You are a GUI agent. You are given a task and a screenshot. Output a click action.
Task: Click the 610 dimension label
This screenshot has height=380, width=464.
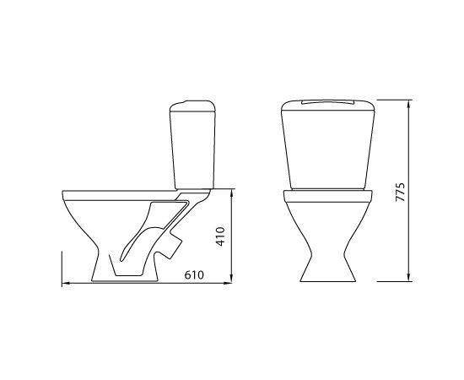click(x=194, y=275)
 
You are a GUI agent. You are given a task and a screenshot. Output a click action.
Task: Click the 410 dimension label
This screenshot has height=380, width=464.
click(x=220, y=236)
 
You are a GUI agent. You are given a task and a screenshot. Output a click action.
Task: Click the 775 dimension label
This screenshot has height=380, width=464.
click(x=400, y=193)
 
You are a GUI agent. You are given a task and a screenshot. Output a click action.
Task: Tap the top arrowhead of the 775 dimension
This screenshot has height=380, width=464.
click(x=409, y=103)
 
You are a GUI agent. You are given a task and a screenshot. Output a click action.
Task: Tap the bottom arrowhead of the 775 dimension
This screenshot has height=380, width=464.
click(x=409, y=279)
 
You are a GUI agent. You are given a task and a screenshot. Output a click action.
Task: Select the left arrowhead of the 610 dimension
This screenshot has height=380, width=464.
click(x=66, y=284)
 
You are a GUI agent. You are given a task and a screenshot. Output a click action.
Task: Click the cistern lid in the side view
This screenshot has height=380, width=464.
click(x=192, y=106)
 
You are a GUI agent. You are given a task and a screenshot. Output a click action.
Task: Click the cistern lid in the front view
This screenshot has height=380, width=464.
click(x=328, y=105)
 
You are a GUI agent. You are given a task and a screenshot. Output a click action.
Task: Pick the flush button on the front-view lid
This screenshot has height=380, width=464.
click(x=328, y=102)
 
